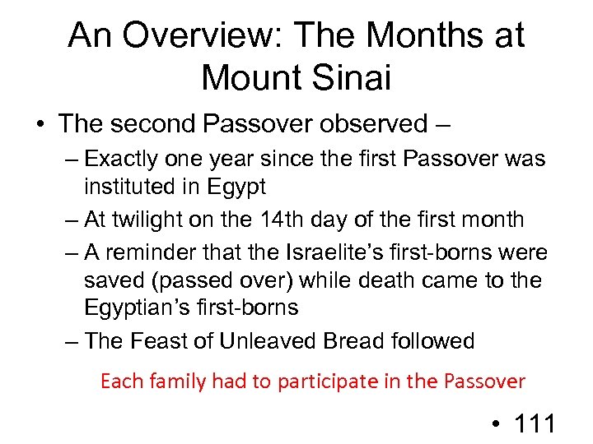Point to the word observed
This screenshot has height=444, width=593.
369,124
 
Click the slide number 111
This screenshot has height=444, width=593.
535,425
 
